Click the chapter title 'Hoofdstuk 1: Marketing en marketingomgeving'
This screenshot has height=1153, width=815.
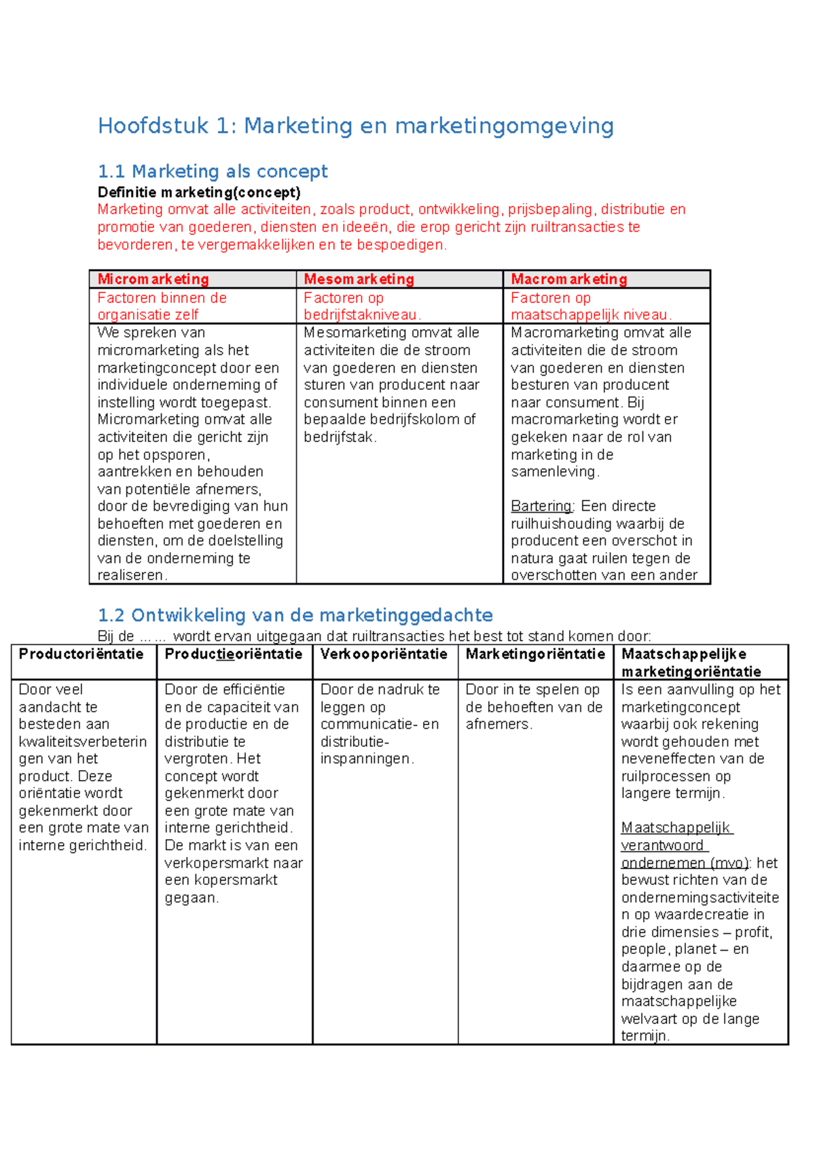[x=355, y=126]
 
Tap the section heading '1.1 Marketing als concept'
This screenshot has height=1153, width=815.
[x=213, y=171]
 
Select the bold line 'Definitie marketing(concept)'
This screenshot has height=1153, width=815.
[x=199, y=192]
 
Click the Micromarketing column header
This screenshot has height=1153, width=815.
[x=153, y=279]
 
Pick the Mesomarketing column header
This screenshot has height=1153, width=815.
[x=359, y=279]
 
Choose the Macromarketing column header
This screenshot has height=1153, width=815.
[x=568, y=279]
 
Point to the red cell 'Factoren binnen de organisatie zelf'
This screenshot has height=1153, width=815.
[x=162, y=306]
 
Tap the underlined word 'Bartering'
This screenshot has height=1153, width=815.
[x=541, y=506]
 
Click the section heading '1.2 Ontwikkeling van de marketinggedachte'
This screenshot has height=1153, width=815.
[x=295, y=615]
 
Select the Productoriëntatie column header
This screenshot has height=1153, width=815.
[x=81, y=654]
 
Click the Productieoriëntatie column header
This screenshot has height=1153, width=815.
[x=233, y=654]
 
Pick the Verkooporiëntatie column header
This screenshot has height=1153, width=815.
[x=384, y=654]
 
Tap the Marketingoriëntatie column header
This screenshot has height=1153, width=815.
[x=535, y=654]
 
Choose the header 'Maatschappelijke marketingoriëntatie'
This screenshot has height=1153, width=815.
[x=691, y=663]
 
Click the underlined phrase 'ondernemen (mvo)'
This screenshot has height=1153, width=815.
[x=685, y=863]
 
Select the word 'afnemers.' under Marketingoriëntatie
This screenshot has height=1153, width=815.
[x=499, y=724]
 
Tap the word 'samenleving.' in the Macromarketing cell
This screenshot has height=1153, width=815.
[x=555, y=471]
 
